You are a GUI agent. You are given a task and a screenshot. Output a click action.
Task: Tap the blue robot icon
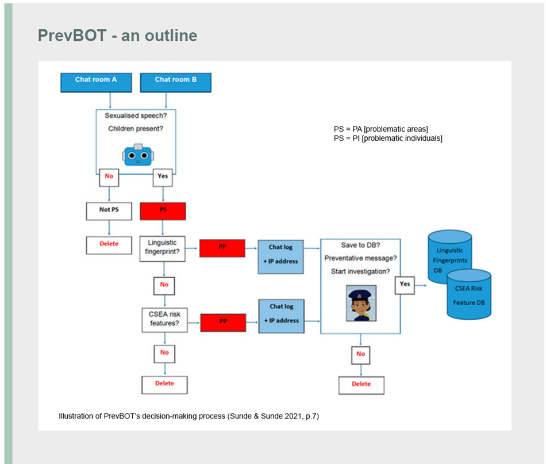[138, 155]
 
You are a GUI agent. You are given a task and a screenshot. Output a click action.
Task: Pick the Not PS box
[105, 210]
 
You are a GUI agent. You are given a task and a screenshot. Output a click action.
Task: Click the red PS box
[163, 210]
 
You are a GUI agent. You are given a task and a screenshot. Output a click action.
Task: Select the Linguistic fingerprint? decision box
[163, 248]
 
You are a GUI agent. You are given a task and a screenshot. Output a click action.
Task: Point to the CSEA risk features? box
[164, 320]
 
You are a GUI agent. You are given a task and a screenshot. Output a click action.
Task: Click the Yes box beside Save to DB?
[405, 283]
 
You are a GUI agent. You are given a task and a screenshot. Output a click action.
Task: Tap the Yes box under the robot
[163, 176]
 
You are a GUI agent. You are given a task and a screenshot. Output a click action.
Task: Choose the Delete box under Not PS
[109, 244]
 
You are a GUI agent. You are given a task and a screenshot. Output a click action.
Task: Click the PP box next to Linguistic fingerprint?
[222, 248]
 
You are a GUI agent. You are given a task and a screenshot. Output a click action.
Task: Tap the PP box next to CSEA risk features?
[222, 321]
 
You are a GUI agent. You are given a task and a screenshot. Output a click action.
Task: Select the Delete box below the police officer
[361, 384]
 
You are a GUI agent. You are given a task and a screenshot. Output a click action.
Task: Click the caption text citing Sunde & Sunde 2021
[189, 416]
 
